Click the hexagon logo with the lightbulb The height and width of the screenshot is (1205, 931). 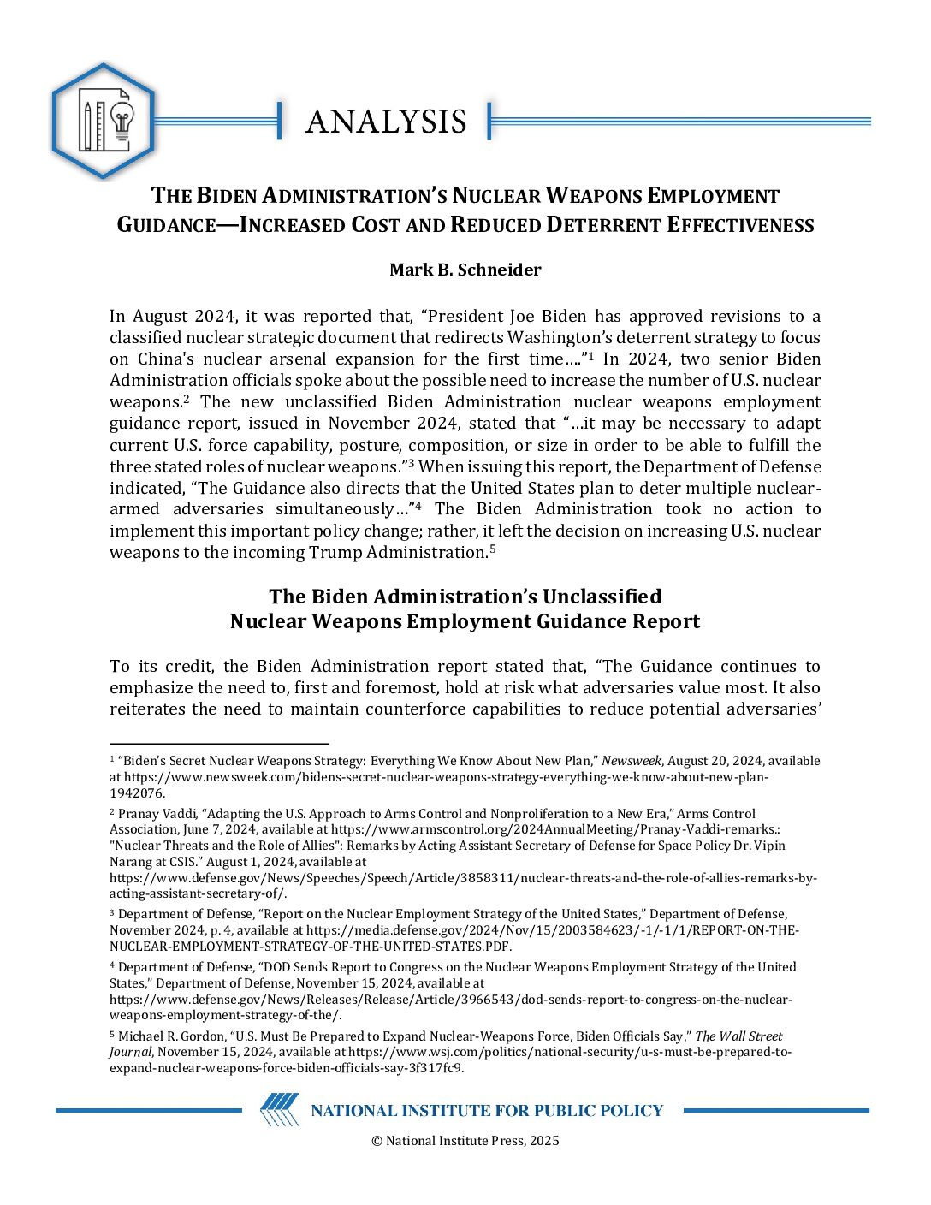[103, 122]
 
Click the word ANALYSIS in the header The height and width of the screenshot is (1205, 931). [386, 122]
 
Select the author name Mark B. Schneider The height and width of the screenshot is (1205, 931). [465, 270]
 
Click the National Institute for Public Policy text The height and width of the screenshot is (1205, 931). [487, 1111]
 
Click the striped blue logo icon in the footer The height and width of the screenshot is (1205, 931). [280, 1110]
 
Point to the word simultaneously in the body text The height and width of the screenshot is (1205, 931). [335, 509]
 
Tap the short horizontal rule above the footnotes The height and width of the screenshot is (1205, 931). [219, 745]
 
